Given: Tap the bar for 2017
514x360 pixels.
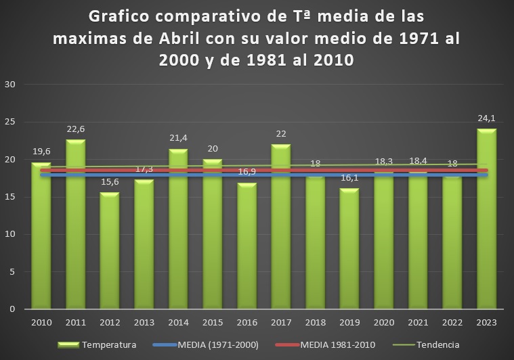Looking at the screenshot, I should (x=280, y=227).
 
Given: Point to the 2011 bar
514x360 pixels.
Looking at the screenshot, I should (x=75, y=224).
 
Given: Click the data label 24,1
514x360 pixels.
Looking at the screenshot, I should (x=486, y=118).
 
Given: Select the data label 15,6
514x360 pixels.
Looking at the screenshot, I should (x=109, y=182).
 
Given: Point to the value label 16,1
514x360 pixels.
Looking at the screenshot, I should (x=349, y=178).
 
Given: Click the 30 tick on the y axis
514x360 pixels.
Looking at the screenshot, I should (x=10, y=85).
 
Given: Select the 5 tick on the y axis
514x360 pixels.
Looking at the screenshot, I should (x=13, y=272).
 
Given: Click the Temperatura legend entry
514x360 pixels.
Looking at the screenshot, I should (x=108, y=345).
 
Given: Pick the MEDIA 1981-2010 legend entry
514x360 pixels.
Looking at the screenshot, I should (x=337, y=345).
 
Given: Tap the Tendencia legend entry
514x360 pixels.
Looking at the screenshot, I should (x=436, y=345).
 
